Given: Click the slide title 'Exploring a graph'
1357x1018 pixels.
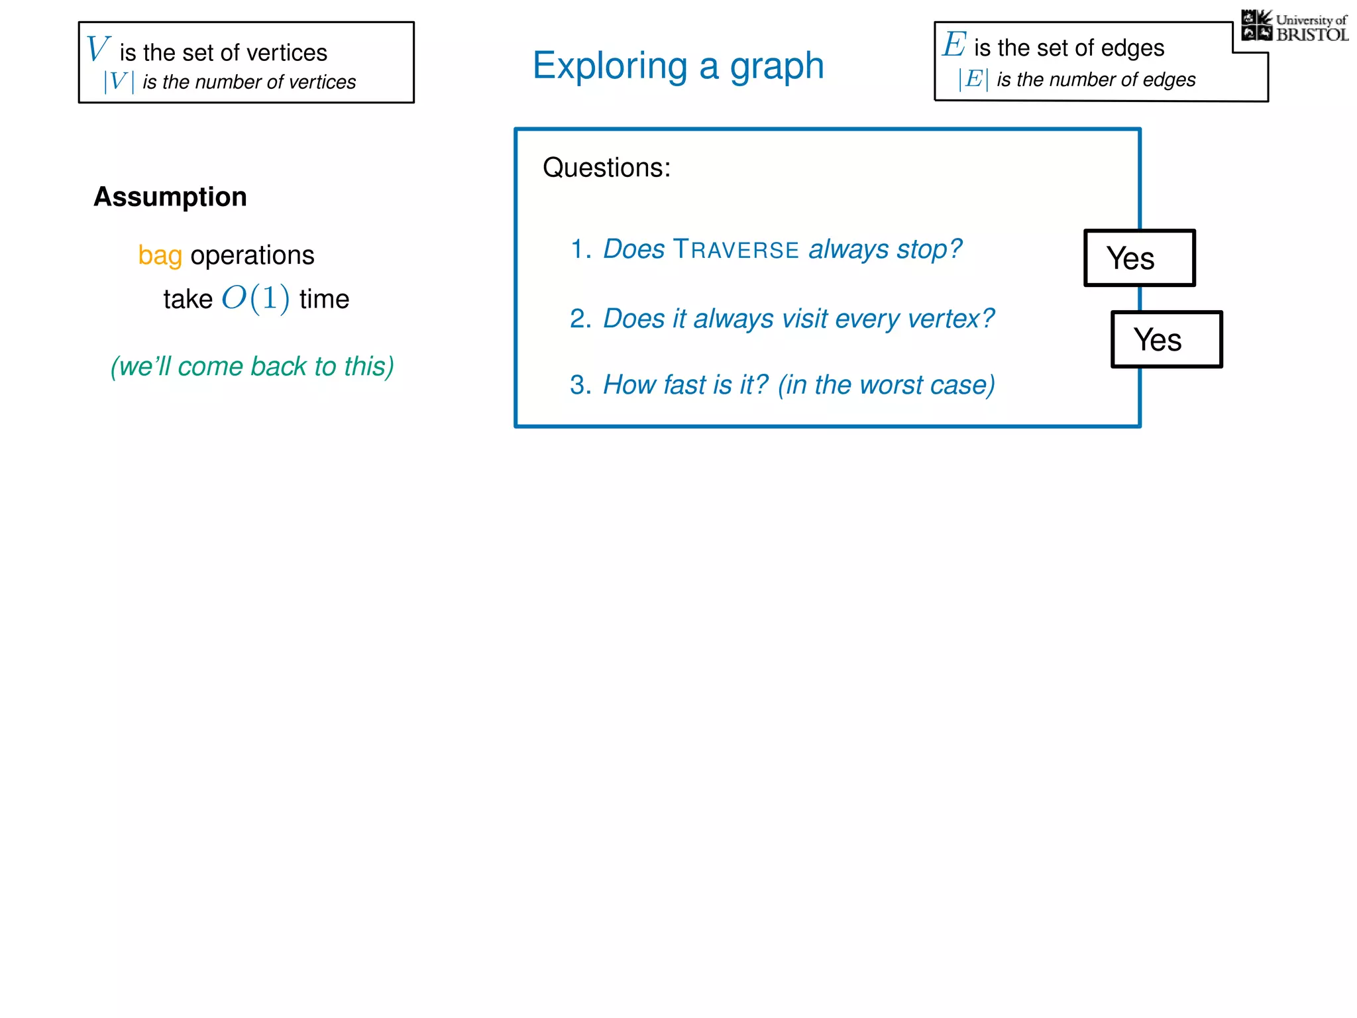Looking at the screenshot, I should [x=678, y=66].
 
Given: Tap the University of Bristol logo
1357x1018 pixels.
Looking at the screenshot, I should [x=1295, y=27].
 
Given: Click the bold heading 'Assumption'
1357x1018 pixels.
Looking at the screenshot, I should [x=170, y=197].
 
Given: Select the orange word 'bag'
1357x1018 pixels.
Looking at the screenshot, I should [x=160, y=256].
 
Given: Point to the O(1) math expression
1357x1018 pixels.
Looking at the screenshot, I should [x=255, y=298].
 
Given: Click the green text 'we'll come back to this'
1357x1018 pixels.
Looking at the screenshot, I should [x=252, y=367].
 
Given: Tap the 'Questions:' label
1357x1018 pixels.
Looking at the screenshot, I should [x=606, y=168].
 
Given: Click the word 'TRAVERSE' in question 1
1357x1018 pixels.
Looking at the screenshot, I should [x=735, y=250].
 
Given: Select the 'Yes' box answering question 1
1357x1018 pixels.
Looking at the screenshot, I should [x=1139, y=258].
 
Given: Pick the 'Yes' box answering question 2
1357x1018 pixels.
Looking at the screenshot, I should [x=1166, y=339].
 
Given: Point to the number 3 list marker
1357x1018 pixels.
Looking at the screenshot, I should [x=579, y=385].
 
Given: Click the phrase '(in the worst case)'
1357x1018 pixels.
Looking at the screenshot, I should [x=886, y=385].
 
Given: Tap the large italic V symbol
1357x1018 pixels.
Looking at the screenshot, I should [x=97, y=49].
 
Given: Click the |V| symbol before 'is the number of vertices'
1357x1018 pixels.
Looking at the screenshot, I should [x=119, y=82].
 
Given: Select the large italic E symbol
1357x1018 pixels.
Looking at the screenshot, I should [x=954, y=45].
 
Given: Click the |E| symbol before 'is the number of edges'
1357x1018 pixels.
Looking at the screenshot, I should [x=973, y=80].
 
